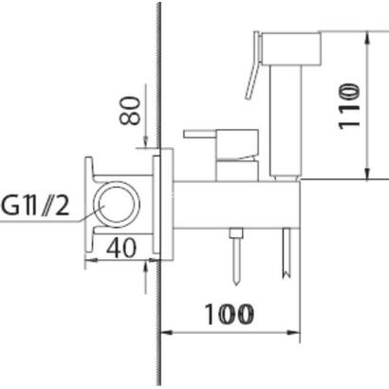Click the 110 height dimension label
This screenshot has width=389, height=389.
tap(350, 106)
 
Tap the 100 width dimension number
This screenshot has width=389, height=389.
tap(230, 315)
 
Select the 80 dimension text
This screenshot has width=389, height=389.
tap(130, 110)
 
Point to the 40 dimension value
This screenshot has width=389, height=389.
tap(121, 248)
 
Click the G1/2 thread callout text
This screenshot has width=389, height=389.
tap(35, 206)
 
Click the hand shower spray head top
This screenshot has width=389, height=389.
tap(290, 48)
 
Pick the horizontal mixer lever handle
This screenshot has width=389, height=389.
tap(199, 134)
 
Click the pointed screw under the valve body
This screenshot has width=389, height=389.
tap(236, 256)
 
